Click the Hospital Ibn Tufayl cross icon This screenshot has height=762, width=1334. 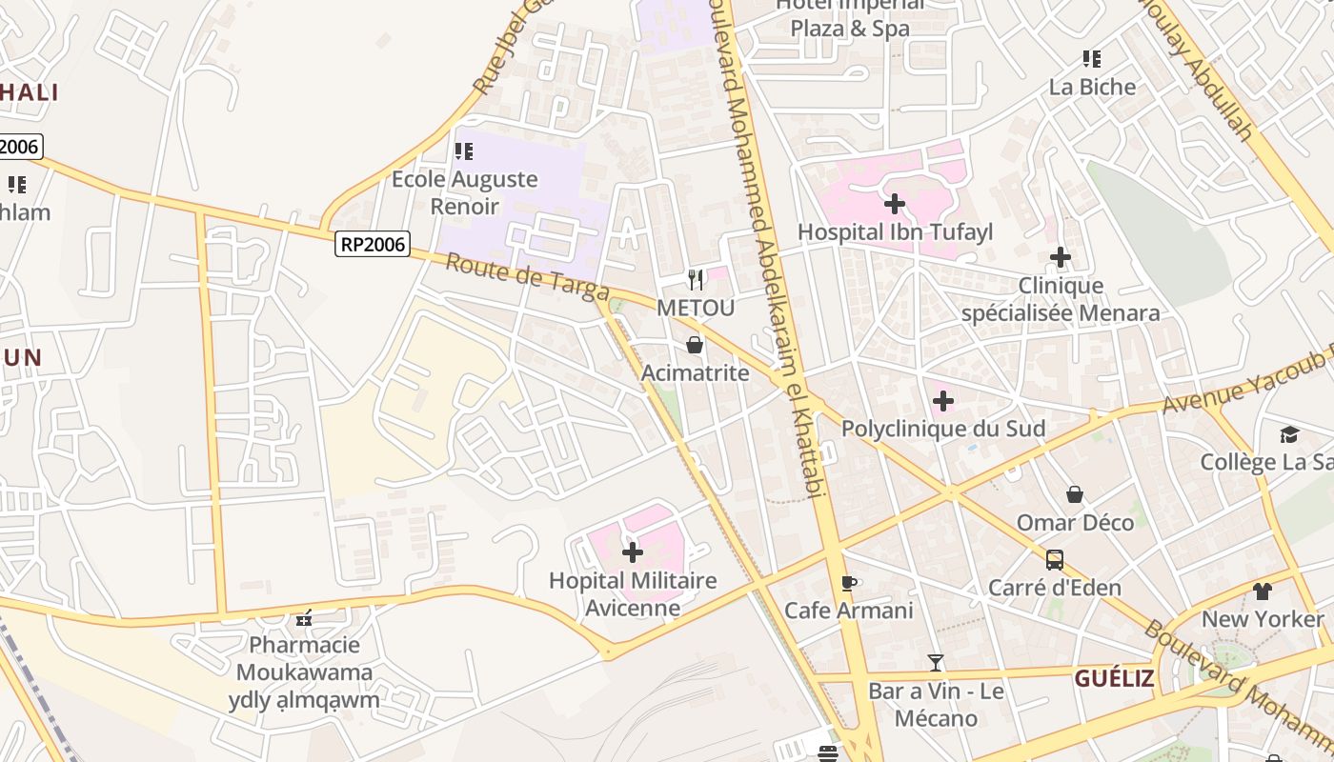[x=894, y=203]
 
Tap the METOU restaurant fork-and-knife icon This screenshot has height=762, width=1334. [x=696, y=279]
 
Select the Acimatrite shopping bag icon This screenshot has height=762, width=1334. [x=695, y=344]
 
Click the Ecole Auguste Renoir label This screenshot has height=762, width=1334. [x=465, y=192]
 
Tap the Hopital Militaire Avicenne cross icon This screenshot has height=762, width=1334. [x=633, y=551]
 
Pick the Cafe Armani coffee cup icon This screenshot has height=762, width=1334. [x=849, y=583]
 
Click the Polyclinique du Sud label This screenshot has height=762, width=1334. [x=942, y=429]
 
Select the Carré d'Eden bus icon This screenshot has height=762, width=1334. [x=1054, y=559]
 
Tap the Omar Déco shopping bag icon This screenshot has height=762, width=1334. [x=1075, y=494]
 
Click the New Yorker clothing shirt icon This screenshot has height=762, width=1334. [x=1263, y=592]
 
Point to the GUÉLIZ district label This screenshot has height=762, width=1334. [x=1114, y=678]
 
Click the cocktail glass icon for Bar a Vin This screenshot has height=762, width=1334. [x=936, y=662]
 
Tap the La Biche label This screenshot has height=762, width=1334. [x=1092, y=87]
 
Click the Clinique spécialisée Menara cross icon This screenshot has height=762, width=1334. [x=1061, y=257]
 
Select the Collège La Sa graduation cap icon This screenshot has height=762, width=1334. [x=1289, y=434]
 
